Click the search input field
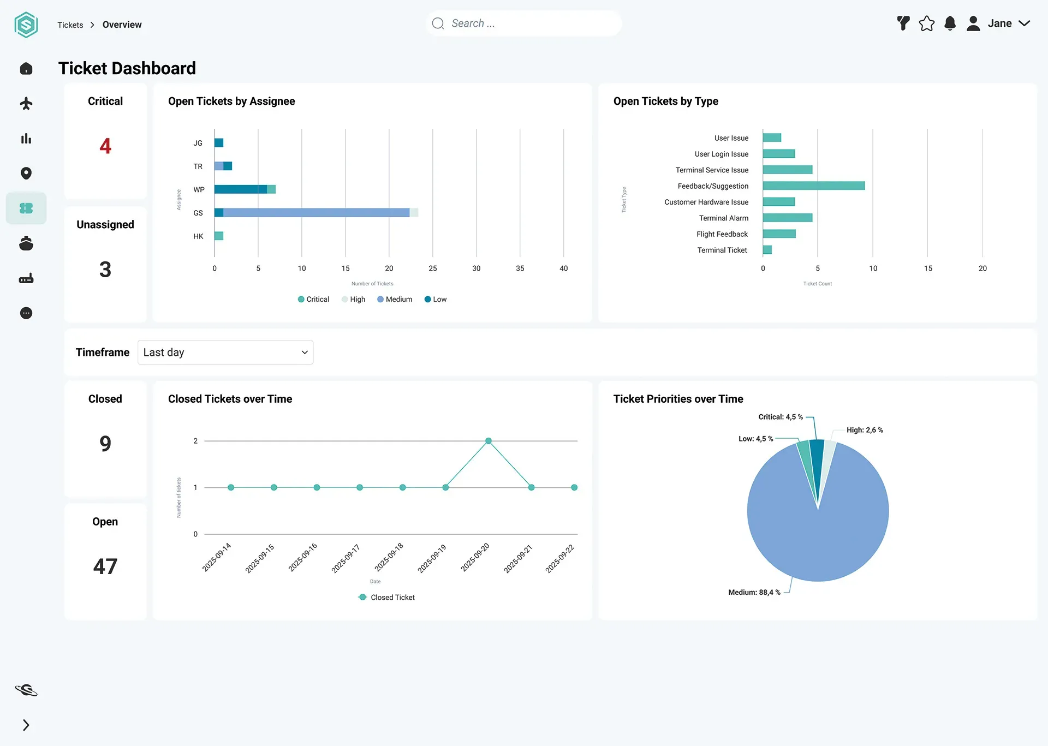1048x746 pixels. (x=524, y=23)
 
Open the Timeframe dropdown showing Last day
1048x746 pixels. (x=225, y=353)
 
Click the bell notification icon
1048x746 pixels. (x=950, y=23)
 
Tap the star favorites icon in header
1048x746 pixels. (x=927, y=23)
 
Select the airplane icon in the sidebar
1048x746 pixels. (x=26, y=103)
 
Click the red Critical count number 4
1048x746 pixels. (x=105, y=146)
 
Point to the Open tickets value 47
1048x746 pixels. (x=105, y=566)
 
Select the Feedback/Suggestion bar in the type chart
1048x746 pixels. (x=814, y=186)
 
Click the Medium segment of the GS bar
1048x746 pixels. (x=316, y=213)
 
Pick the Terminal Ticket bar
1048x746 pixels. (x=767, y=250)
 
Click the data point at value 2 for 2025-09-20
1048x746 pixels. (x=489, y=441)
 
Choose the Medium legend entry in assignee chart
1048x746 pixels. (x=395, y=300)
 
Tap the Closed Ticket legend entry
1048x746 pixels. (x=386, y=598)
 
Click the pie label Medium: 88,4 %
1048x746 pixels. (x=754, y=593)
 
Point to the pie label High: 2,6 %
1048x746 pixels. (x=865, y=431)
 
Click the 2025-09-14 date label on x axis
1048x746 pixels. (x=217, y=557)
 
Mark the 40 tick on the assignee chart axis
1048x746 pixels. (x=564, y=268)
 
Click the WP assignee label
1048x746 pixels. (x=199, y=190)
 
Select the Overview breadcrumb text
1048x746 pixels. (x=122, y=25)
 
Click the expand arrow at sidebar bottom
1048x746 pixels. (x=26, y=725)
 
